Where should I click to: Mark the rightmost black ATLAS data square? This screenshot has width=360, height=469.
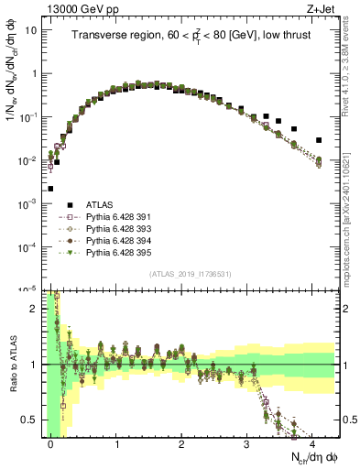(x=318, y=140)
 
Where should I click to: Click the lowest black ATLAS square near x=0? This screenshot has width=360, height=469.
(x=50, y=189)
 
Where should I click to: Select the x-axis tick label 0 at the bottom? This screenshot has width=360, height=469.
(x=51, y=443)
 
